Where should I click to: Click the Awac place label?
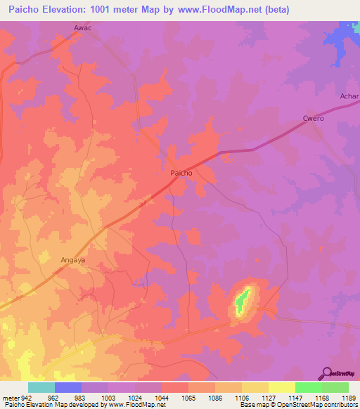coord(84,29)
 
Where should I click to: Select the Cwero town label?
coord(313,118)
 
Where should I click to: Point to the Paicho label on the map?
coord(181,172)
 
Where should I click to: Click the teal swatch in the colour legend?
coord(41,387)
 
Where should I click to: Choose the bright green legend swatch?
coord(308,387)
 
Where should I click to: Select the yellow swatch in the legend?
coord(281,387)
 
